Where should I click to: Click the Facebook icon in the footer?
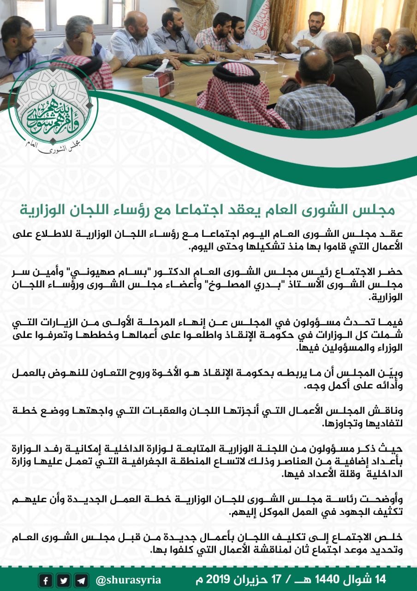pyautogui.click(x=45, y=580)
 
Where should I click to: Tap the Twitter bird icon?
pyautogui.click(x=64, y=580)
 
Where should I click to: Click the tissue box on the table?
pyautogui.click(x=158, y=83)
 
